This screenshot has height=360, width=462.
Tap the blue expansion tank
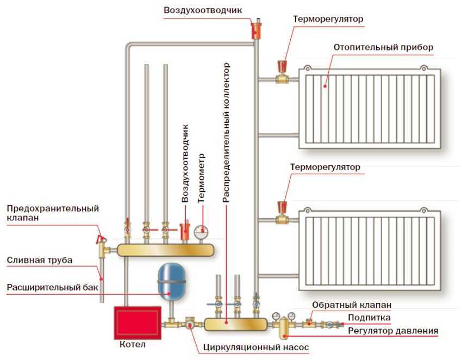[172, 282]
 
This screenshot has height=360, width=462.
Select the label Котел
[132, 344]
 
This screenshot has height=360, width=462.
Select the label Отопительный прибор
[383, 47]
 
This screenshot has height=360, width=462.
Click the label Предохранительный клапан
[52, 213]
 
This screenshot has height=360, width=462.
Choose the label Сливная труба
[39, 260]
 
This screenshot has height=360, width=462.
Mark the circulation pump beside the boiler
[191, 324]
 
